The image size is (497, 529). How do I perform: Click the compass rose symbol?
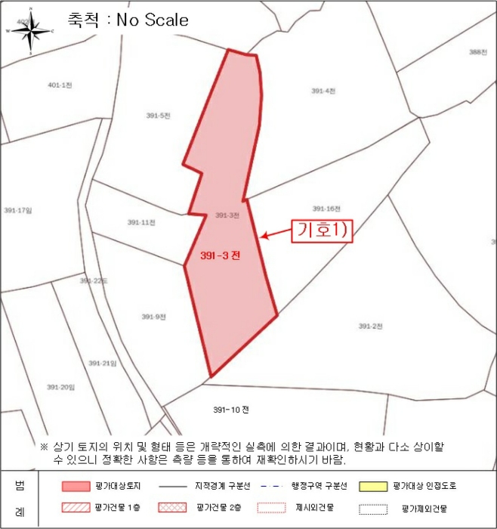click(x=29, y=32)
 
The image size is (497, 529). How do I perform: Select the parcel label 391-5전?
click(x=158, y=116)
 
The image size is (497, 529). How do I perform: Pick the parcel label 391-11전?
click(x=141, y=222)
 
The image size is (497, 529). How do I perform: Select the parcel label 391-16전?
click(x=327, y=209)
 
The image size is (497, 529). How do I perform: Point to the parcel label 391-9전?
click(x=153, y=317)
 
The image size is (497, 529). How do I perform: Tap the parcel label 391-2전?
click(x=371, y=326)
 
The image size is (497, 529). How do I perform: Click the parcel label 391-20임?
click(x=61, y=387)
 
